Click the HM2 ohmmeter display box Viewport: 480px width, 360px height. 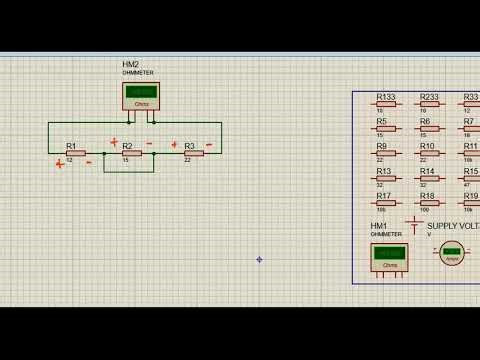pyautogui.click(x=141, y=95)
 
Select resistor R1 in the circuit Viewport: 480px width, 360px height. pyautogui.click(x=75, y=153)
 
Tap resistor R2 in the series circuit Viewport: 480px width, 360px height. pyautogui.click(x=131, y=153)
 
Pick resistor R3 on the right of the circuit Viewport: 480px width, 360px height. pyautogui.click(x=193, y=153)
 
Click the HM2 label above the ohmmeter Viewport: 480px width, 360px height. pyautogui.click(x=130, y=64)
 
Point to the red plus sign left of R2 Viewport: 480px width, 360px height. pyautogui.click(x=114, y=142)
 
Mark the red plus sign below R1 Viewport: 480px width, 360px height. pyautogui.click(x=60, y=164)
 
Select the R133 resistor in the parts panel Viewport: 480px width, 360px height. pyautogui.click(x=386, y=104)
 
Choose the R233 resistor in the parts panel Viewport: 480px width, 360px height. pyautogui.click(x=429, y=104)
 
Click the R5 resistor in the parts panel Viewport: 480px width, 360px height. pyautogui.click(x=386, y=128)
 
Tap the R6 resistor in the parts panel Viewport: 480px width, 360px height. pyautogui.click(x=429, y=128)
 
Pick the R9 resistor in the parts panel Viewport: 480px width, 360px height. pyautogui.click(x=386, y=153)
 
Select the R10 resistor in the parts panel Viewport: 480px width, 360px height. pyautogui.click(x=429, y=153)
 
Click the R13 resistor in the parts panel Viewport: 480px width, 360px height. pyautogui.click(x=386, y=178)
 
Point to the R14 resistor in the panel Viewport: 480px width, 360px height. pyautogui.click(x=429, y=178)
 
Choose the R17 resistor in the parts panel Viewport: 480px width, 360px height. pyautogui.click(x=386, y=203)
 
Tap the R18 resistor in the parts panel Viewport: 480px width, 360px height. pyautogui.click(x=429, y=203)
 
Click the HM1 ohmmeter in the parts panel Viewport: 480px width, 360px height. pyautogui.click(x=390, y=256)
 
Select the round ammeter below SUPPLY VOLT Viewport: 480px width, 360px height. pyautogui.click(x=452, y=253)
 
